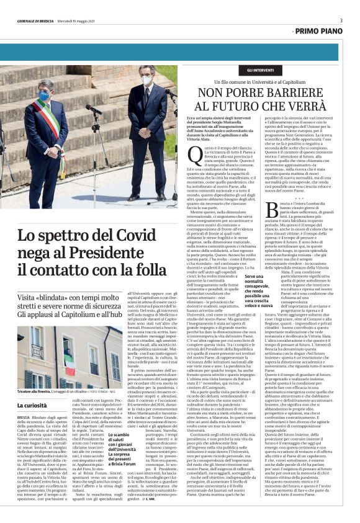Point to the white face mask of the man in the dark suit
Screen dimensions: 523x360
[x=146, y=80]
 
